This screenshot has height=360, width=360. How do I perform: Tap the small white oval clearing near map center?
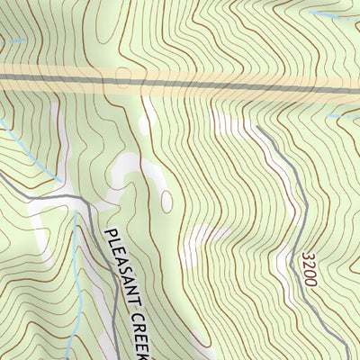[x=167, y=201]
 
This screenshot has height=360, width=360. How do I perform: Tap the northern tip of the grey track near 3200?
[x=257, y=128]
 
